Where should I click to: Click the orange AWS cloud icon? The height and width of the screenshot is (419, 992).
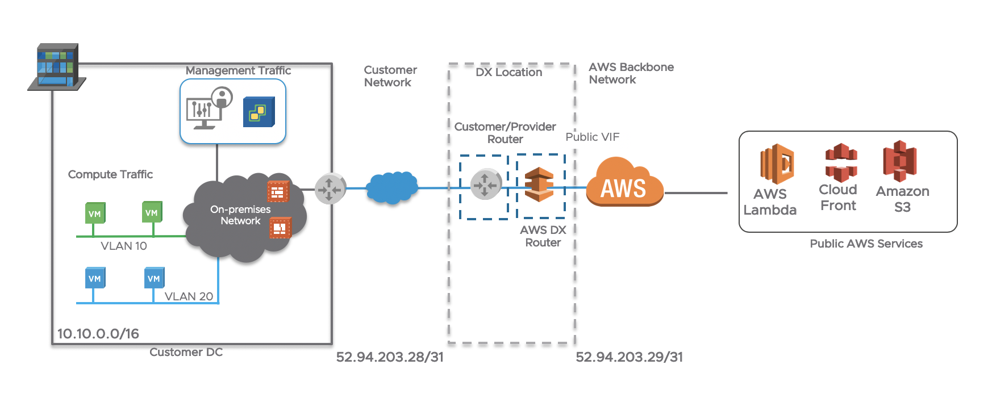[624, 183]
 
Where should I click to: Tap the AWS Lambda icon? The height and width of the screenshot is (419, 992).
[777, 164]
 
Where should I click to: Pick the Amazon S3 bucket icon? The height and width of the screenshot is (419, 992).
[899, 161]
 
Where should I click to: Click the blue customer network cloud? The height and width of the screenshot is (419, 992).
[392, 187]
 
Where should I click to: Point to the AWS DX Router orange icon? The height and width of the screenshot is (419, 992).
[539, 185]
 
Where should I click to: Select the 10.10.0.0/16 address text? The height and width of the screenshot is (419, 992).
[98, 334]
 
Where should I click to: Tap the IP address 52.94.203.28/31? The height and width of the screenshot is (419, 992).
[390, 357]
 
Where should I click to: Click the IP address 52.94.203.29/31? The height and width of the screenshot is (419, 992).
[629, 357]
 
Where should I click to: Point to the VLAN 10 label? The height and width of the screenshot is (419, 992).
[124, 246]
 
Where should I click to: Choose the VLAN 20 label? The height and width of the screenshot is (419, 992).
[189, 296]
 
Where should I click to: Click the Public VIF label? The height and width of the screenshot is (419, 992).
[592, 137]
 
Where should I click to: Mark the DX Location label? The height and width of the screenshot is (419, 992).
[508, 72]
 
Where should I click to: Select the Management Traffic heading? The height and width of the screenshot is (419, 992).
[238, 70]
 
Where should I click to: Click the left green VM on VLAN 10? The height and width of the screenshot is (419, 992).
[95, 213]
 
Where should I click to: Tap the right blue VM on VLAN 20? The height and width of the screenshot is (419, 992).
[154, 278]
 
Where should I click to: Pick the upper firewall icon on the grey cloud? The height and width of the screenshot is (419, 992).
[278, 192]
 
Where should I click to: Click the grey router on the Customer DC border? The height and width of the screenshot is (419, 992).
[330, 188]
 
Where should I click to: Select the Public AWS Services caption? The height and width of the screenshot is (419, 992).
[866, 244]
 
